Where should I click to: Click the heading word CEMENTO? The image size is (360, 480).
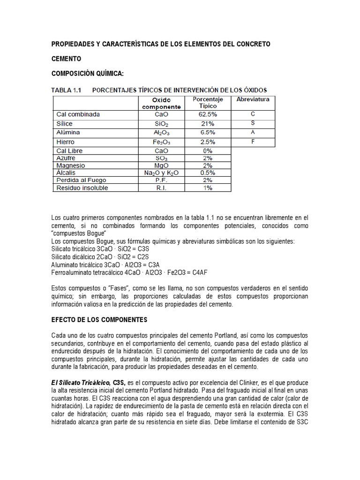pyautogui.click(x=66, y=59)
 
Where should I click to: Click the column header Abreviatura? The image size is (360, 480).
pyautogui.click(x=253, y=100)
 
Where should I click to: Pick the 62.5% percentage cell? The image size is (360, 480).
pyautogui.click(x=208, y=114)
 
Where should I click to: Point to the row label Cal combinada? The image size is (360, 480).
pyautogui.click(x=78, y=114)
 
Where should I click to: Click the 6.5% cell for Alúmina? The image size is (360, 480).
pyautogui.click(x=208, y=133)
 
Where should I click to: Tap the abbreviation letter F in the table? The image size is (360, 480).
pyautogui.click(x=253, y=141)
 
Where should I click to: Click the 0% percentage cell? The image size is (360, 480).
pyautogui.click(x=208, y=151)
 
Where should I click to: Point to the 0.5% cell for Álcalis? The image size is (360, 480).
pyautogui.click(x=208, y=173)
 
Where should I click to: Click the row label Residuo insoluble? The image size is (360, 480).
pyautogui.click(x=82, y=188)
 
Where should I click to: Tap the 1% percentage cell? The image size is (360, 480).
pyautogui.click(x=208, y=188)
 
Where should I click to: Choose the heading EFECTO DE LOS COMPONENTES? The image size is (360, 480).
pyautogui.click(x=99, y=320)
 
